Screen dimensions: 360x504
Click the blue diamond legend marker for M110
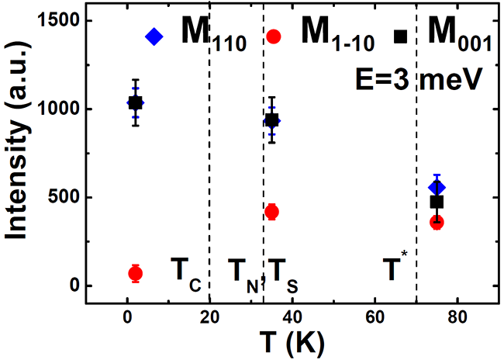154,36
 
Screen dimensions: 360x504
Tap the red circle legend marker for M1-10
274,36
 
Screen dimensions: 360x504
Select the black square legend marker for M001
401,36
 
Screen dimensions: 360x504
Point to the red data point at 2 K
135,273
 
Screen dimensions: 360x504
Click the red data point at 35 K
271,212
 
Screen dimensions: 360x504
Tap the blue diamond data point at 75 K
437,187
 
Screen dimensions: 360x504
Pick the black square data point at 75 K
437,202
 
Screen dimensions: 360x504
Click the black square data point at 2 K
135,102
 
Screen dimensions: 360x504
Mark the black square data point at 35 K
271,119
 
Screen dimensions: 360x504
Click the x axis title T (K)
293,341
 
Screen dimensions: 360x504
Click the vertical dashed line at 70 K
416,155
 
